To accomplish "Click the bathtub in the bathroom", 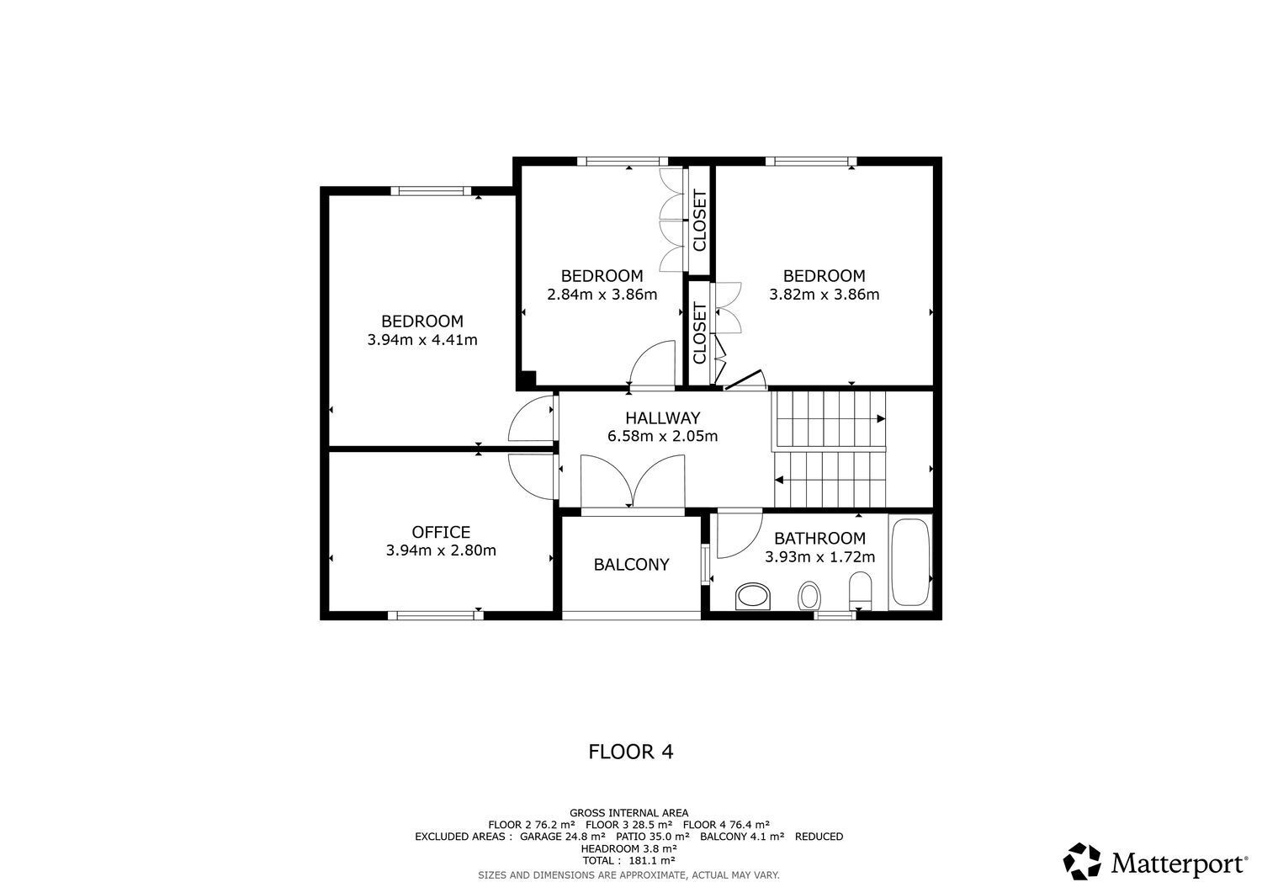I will [x=910, y=562].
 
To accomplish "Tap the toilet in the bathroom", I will [x=861, y=590].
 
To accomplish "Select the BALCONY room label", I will [x=631, y=565].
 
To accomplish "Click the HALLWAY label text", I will [x=662, y=417].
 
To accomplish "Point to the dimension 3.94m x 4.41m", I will [x=422, y=340].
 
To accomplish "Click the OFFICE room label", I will [x=441, y=532].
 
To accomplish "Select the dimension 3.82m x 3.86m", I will [x=824, y=295].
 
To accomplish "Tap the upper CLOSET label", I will [x=699, y=221].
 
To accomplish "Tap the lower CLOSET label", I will [x=699, y=333].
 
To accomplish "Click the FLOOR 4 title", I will [x=630, y=752].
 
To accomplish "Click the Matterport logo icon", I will [x=1081, y=862].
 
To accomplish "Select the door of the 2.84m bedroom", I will [x=653, y=364].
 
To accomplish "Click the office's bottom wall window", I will [x=435, y=615].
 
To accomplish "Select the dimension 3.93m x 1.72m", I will [x=819, y=557].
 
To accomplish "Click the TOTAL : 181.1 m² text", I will [x=628, y=861].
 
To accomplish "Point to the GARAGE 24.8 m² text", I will [x=562, y=837].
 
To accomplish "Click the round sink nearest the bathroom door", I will [x=753, y=597].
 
